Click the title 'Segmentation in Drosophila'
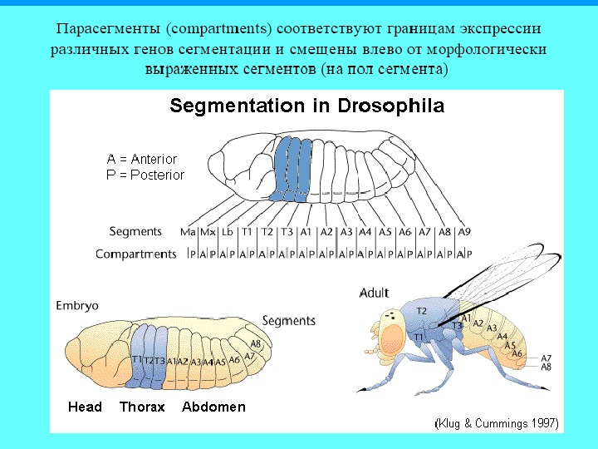point(306,106)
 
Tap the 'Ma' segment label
point(188,231)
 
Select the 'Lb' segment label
point(227,231)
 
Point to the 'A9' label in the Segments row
point(465,231)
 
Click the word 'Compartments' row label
point(135,254)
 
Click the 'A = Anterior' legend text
point(141,159)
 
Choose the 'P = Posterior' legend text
point(145,175)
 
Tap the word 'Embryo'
point(76,305)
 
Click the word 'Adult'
point(374,293)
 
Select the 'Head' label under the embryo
point(85,407)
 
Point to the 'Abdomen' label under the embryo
point(213,407)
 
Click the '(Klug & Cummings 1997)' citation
point(498,423)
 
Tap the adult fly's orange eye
point(394,336)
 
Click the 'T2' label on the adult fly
point(421,310)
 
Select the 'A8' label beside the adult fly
point(546,367)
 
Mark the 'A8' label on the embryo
point(256,343)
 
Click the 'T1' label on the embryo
point(136,359)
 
